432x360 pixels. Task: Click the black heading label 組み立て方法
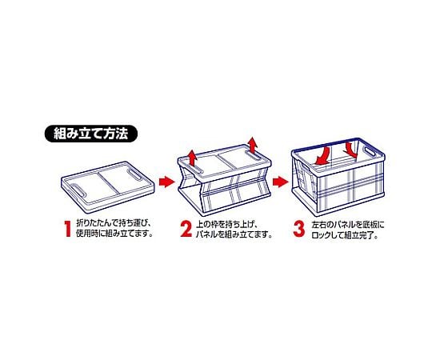click(x=90, y=134)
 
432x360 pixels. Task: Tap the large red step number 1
click(x=67, y=228)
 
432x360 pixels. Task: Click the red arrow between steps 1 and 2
click(x=167, y=182)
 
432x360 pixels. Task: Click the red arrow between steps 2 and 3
click(x=281, y=182)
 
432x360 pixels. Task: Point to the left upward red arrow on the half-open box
click(x=193, y=159)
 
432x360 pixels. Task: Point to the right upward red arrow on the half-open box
click(x=252, y=145)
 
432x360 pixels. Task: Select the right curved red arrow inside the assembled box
click(x=351, y=150)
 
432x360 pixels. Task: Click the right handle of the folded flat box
click(x=135, y=174)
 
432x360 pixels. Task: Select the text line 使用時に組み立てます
click(x=114, y=234)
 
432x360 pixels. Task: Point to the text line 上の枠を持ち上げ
click(x=226, y=224)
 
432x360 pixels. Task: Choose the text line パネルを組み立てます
click(x=234, y=234)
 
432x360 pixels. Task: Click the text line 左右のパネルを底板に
click(x=348, y=225)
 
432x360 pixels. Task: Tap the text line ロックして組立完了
click(x=345, y=235)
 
